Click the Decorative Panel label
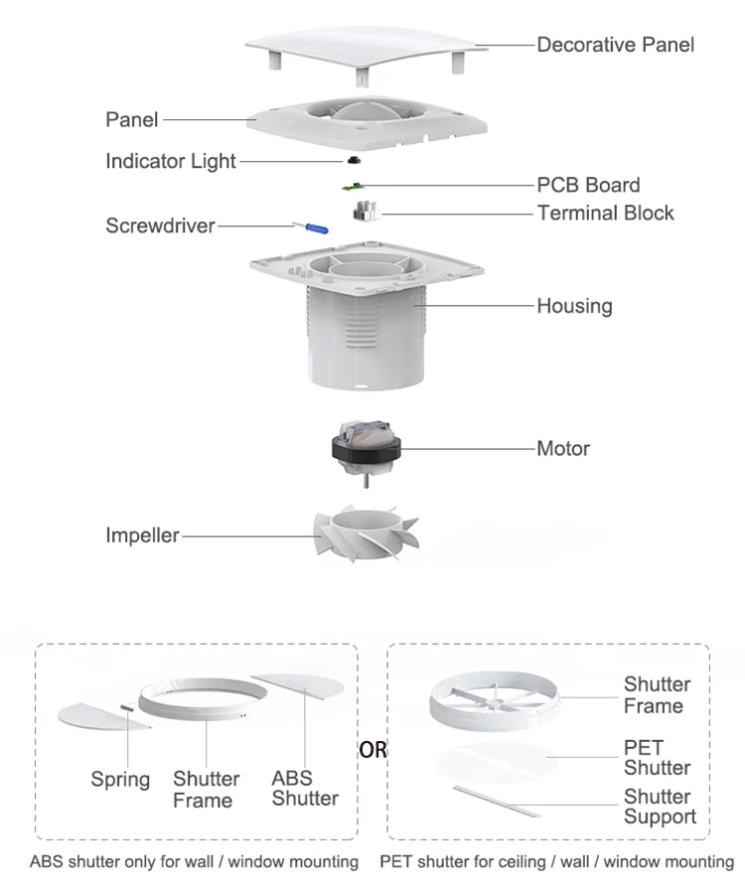click(x=615, y=45)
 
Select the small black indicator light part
click(x=353, y=160)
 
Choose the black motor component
click(x=367, y=450)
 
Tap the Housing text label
click(x=574, y=306)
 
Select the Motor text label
click(x=563, y=448)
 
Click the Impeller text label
click(x=142, y=535)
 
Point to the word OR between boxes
click(x=373, y=750)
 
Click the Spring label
click(x=120, y=780)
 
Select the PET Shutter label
click(x=656, y=757)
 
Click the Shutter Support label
click(x=660, y=807)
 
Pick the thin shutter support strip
click(x=498, y=800)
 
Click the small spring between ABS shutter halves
click(x=131, y=708)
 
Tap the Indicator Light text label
click(x=171, y=161)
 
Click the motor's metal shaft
click(x=368, y=482)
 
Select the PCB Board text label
click(x=588, y=185)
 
